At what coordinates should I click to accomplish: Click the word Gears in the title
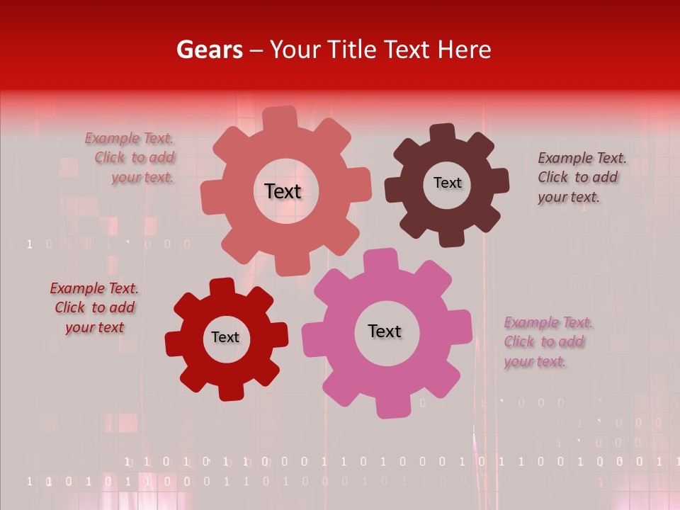(x=209, y=50)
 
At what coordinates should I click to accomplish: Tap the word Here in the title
(x=463, y=50)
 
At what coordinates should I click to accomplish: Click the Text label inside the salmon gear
(x=283, y=191)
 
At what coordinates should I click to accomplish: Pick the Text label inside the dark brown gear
(x=447, y=183)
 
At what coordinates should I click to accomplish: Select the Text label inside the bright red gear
(x=225, y=337)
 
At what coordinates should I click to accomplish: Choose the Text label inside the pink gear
(x=384, y=331)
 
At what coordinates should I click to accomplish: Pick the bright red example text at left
(x=94, y=307)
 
